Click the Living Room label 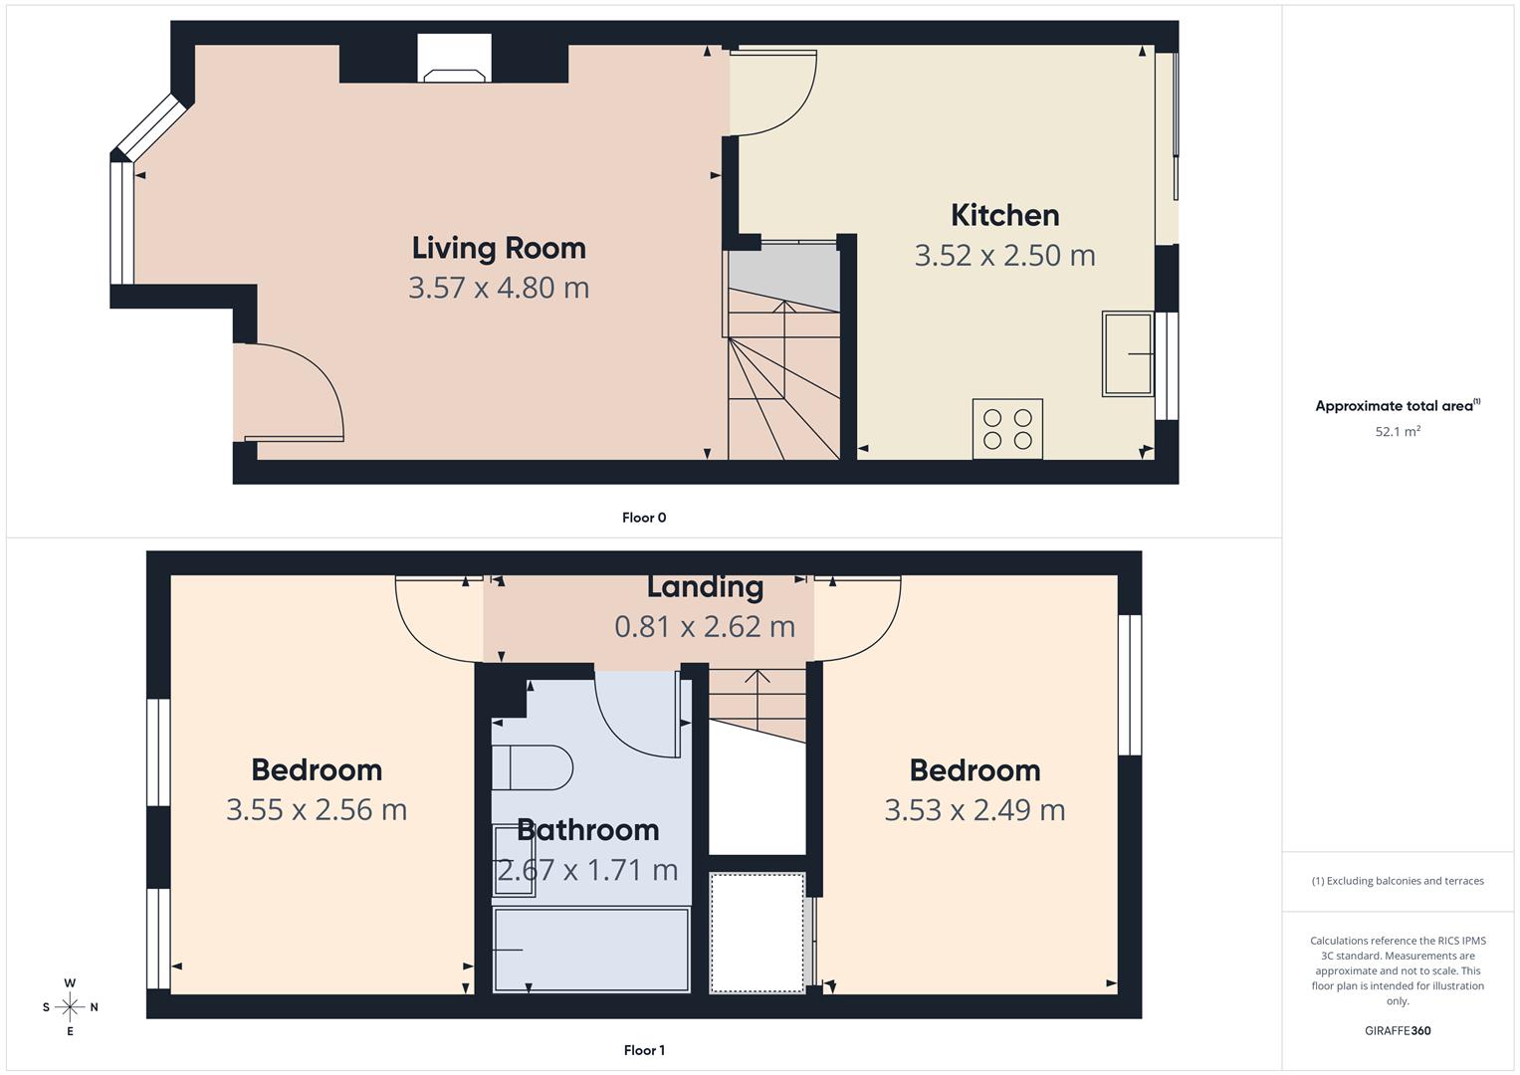click(499, 247)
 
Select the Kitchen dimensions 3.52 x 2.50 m click(1004, 255)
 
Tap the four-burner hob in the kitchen click(1007, 429)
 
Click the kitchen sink click(1127, 353)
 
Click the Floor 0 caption click(643, 518)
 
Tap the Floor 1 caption click(643, 1050)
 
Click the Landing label click(705, 586)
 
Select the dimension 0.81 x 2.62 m click(705, 626)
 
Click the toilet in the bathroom click(532, 767)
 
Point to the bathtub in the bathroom click(591, 950)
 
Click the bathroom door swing click(637, 712)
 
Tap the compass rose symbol click(70, 1007)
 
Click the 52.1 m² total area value click(1398, 431)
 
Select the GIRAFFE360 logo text click(1398, 1030)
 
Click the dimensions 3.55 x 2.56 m click(317, 809)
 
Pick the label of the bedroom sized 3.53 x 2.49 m click(975, 769)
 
